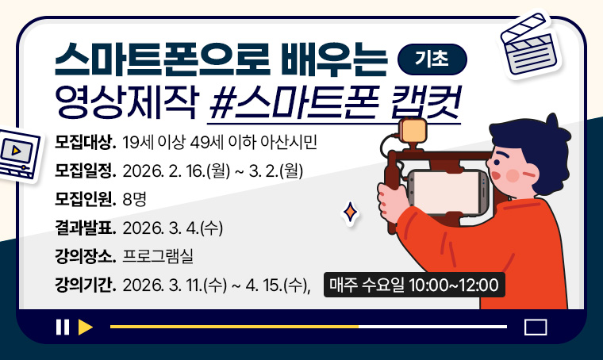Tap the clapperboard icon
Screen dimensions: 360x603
point(526,44)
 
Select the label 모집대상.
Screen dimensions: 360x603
point(86,144)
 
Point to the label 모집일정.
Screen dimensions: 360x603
point(86,170)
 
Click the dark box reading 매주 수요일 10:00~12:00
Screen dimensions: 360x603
point(413,285)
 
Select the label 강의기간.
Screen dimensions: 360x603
point(86,284)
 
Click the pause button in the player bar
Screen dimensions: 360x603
point(62,327)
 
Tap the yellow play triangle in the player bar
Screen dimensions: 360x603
point(86,327)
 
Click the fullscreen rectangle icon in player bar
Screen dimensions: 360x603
point(536,327)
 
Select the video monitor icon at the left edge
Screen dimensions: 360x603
point(16,153)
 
